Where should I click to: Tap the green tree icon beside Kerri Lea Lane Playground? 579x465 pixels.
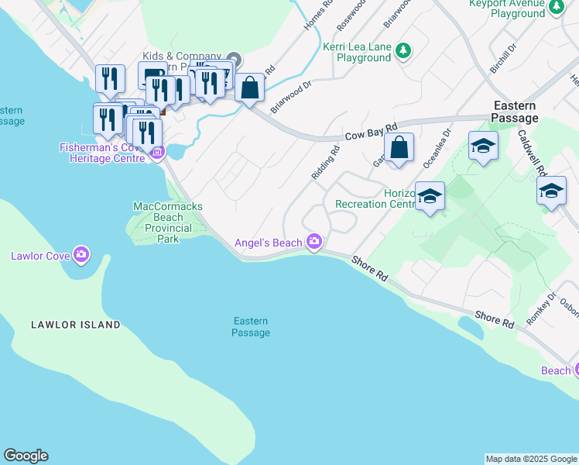[403, 51]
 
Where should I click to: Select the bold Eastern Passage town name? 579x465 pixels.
[515, 112]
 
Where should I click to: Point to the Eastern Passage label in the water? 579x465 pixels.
[251, 327]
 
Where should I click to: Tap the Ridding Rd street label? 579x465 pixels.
[326, 164]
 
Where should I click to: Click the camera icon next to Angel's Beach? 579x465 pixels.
[313, 243]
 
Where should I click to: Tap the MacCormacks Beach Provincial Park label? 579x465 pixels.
[163, 222]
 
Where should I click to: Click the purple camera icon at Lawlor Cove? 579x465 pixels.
[82, 255]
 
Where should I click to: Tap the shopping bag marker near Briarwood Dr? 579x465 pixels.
[249, 88]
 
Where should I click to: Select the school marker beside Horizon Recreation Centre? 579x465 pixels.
[430, 196]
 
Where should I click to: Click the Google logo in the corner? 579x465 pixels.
[26, 456]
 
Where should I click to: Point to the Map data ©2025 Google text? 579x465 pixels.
[531, 459]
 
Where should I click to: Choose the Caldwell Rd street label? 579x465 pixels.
[533, 152]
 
